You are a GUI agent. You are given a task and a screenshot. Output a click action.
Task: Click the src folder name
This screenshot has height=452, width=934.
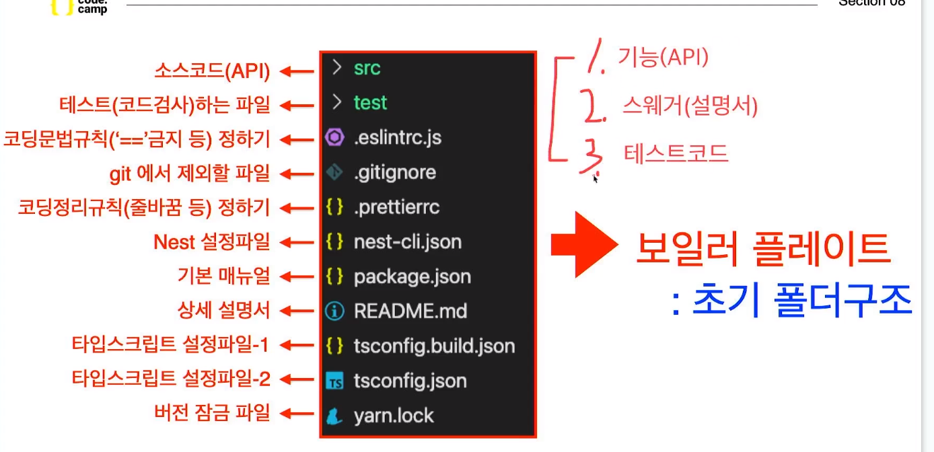pos(367,68)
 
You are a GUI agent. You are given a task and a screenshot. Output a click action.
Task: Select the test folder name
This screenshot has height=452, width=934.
pos(370,103)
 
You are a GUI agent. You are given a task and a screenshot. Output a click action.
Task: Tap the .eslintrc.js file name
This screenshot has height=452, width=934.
pos(398,138)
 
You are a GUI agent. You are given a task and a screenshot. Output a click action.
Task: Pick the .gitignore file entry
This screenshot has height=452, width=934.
pos(395,173)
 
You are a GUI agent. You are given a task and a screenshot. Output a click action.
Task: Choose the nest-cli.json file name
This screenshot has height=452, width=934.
pos(408,241)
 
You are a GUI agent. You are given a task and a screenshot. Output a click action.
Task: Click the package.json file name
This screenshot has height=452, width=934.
pos(412,276)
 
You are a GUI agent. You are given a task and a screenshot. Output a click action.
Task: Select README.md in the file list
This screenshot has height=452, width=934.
pos(410,311)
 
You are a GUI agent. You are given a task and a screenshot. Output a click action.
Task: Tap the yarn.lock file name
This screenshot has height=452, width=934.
pos(394,416)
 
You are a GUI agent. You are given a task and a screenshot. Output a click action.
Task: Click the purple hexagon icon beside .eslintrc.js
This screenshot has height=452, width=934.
pos(334,138)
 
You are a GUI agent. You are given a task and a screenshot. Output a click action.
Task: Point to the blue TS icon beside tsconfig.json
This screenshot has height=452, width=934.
pos(334,382)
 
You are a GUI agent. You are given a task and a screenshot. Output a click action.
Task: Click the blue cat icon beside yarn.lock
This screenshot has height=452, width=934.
pos(334,416)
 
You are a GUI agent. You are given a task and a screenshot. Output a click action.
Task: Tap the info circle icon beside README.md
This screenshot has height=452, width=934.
pos(334,311)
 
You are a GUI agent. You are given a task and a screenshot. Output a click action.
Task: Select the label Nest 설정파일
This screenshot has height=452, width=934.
pos(212,241)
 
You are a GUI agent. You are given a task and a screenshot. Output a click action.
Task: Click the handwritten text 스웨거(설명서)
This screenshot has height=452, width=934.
pos(690,106)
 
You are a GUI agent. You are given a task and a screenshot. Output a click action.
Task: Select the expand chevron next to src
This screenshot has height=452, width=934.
pos(336,68)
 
